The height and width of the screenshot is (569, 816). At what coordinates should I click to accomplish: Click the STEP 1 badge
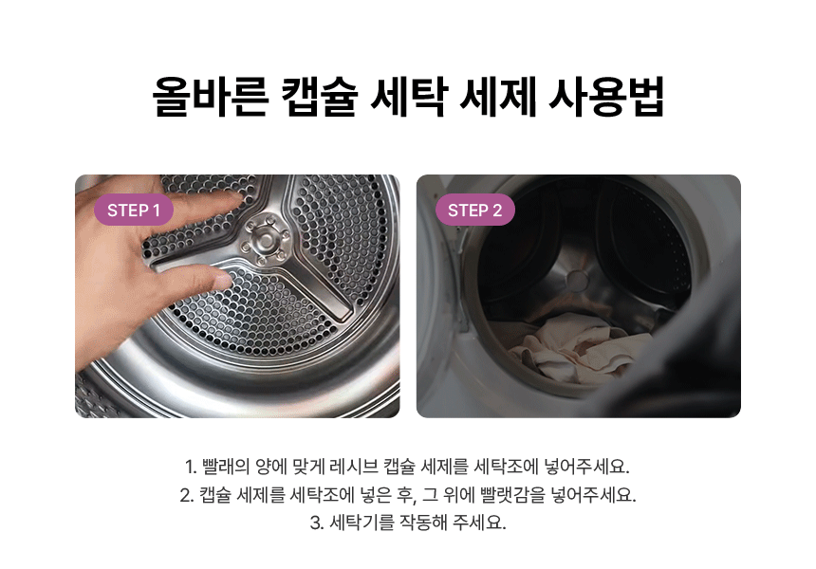click(x=133, y=211)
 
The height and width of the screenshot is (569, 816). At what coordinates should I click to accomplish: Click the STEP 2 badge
click(x=474, y=211)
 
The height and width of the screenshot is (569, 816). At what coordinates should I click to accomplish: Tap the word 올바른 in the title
click(x=211, y=97)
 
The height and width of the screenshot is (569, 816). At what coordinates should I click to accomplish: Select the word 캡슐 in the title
click(x=320, y=97)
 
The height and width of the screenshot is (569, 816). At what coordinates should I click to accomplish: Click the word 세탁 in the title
click(x=409, y=97)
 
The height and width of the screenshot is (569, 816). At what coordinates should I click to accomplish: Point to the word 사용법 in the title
click(x=606, y=97)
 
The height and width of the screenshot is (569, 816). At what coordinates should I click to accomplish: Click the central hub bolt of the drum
click(x=265, y=240)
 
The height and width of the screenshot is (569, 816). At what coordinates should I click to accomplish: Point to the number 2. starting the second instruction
click(x=187, y=495)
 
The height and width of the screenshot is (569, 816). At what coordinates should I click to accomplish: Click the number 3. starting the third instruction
click(x=317, y=523)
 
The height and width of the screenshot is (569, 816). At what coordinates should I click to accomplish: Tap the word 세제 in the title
click(x=498, y=97)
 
